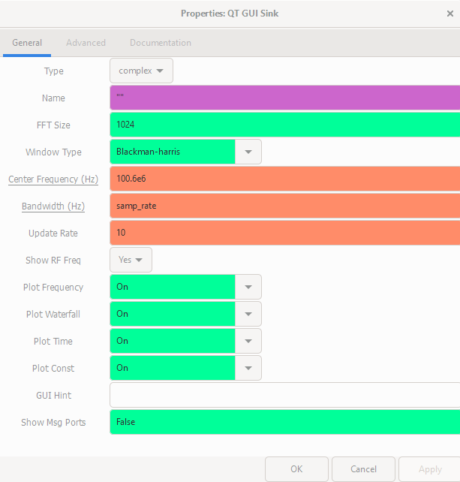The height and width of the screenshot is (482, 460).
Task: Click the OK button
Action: pyautogui.click(x=296, y=469)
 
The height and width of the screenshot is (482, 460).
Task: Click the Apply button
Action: pyautogui.click(x=429, y=469)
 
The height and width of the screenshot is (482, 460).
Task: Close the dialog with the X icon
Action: pyautogui.click(x=449, y=14)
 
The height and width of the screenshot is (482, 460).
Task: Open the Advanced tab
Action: pyautogui.click(x=86, y=43)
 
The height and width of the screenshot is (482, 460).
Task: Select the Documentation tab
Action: pyautogui.click(x=160, y=43)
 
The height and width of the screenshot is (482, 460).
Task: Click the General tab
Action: pyautogui.click(x=27, y=43)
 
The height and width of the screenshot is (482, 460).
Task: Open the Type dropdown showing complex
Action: pyautogui.click(x=141, y=71)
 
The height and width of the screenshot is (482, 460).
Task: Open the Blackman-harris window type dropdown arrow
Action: pyautogui.click(x=248, y=152)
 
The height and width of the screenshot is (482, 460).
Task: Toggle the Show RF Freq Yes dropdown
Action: pyautogui.click(x=131, y=260)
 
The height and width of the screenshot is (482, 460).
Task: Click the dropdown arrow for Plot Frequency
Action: pyautogui.click(x=248, y=287)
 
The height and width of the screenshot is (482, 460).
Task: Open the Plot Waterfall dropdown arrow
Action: pyautogui.click(x=248, y=314)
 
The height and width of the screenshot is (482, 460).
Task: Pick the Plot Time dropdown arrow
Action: pyautogui.click(x=248, y=341)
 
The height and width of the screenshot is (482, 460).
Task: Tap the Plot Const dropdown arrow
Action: pyautogui.click(x=248, y=368)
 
